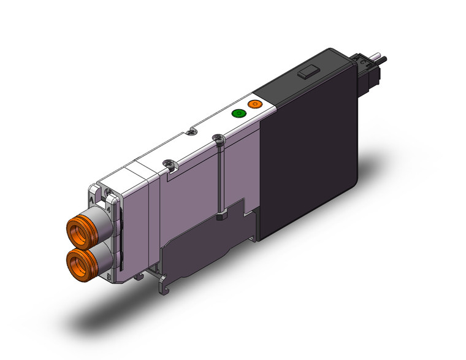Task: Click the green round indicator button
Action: (x=237, y=113)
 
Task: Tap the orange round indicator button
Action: (x=253, y=105)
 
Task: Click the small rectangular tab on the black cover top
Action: (x=307, y=74)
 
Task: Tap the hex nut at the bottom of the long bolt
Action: (x=221, y=216)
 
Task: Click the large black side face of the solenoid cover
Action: (x=307, y=166)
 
